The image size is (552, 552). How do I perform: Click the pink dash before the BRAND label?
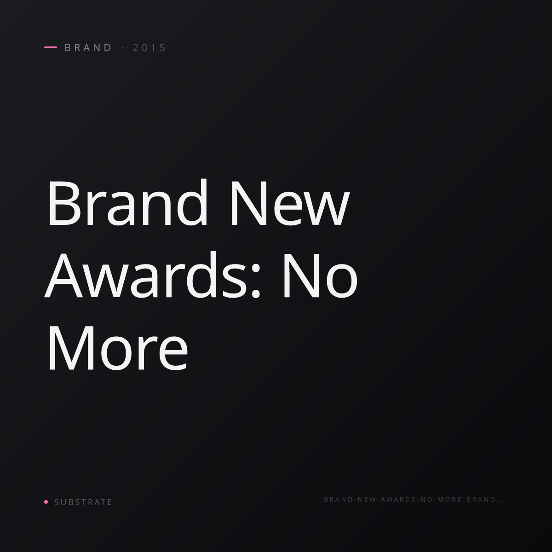pyautogui.click(x=51, y=47)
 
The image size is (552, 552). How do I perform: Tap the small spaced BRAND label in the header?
pyautogui.click(x=88, y=47)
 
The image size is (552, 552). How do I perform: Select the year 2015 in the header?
pyautogui.click(x=149, y=47)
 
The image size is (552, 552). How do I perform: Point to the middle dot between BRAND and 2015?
pyautogui.click(x=123, y=47)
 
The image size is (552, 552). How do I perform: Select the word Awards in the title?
pyautogui.click(x=145, y=275)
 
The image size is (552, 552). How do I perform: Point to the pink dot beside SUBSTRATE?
pyautogui.click(x=46, y=501)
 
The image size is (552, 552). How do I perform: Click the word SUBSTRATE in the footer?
pyautogui.click(x=83, y=502)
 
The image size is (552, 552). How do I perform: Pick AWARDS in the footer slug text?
pyautogui.click(x=398, y=499)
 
